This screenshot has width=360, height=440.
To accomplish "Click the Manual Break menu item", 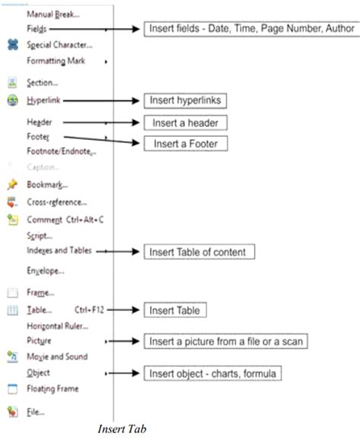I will [x=53, y=13].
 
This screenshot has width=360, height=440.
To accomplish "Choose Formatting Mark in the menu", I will [x=55, y=61].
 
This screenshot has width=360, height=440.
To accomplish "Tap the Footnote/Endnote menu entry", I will [x=61, y=152].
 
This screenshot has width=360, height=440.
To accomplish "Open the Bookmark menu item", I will [x=47, y=184].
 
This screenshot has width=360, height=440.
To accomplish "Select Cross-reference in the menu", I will [x=56, y=202].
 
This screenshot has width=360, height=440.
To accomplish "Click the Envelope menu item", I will [x=45, y=270].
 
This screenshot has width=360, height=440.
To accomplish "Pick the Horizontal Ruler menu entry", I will [x=58, y=326].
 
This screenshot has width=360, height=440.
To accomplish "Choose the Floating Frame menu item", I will [x=52, y=388].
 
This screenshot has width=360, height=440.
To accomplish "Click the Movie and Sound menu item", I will [x=57, y=356].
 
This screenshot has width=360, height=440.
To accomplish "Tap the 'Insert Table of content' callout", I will [x=199, y=252].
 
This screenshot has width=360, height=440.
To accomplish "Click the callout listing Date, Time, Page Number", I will [x=250, y=29].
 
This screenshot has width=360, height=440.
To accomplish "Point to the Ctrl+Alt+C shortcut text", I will [x=81, y=220].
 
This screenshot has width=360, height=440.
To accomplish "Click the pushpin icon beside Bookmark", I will [x=11, y=184].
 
